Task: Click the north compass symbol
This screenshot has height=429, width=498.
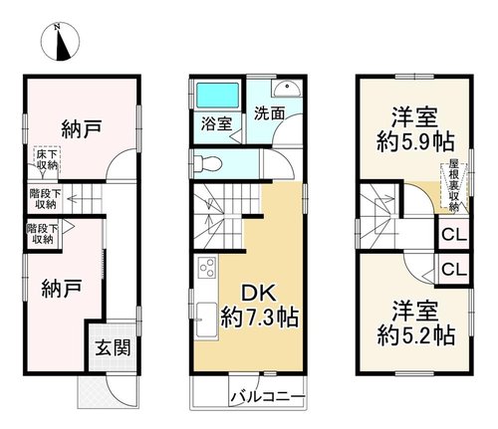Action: pyautogui.click(x=61, y=42)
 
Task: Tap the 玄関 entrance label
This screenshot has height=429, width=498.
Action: pyautogui.click(x=113, y=347)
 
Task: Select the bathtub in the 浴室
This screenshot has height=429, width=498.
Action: pyautogui.click(x=217, y=96)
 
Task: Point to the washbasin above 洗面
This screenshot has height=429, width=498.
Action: pyautogui.click(x=287, y=88)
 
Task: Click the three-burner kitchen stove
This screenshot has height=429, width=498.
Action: pyautogui.click(x=207, y=268)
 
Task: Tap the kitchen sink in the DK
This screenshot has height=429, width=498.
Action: pyautogui.click(x=206, y=320)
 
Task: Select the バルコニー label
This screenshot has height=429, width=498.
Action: pyautogui.click(x=268, y=396)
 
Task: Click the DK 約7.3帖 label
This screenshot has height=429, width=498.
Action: pyautogui.click(x=260, y=307)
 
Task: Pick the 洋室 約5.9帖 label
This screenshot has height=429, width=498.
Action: pyautogui.click(x=415, y=130)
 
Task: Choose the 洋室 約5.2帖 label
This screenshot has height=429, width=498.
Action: pyautogui.click(x=415, y=323)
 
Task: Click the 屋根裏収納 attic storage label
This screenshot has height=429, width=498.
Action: pyautogui.click(x=454, y=185)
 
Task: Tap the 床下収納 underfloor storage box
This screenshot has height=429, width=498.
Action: pyautogui.click(x=47, y=159)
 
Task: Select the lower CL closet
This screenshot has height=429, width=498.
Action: pyautogui.click(x=454, y=269)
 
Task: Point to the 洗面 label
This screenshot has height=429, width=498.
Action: pyautogui.click(x=269, y=113)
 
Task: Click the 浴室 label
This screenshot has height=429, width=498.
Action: pyautogui.click(x=216, y=124)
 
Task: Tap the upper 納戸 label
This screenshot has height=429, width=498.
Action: pyautogui.click(x=82, y=129)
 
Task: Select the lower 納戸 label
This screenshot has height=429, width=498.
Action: pyautogui.click(x=62, y=289)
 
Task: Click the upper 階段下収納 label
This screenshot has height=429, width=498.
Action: pyautogui.click(x=45, y=199)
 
